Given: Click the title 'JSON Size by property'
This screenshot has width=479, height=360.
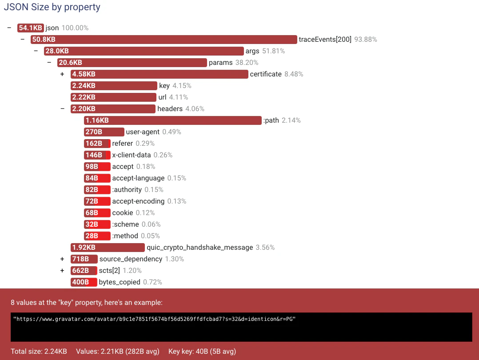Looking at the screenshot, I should pyautogui.click(x=52, y=7).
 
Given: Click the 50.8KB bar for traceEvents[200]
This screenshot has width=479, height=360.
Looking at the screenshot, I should pyautogui.click(x=164, y=40).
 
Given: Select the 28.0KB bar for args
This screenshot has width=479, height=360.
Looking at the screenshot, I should pyautogui.click(x=144, y=51).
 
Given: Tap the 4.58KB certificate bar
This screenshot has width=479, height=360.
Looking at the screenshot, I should pyautogui.click(x=159, y=74).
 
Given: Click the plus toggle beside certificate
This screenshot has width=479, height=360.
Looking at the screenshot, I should pyautogui.click(x=62, y=74).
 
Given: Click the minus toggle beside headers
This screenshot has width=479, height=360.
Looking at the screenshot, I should pyautogui.click(x=62, y=109).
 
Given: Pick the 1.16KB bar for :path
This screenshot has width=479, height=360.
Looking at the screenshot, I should pyautogui.click(x=172, y=120).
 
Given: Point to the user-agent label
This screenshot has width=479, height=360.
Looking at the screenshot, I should pyautogui.click(x=143, y=132).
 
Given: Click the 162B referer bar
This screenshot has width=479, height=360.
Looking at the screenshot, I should pyautogui.click(x=97, y=144).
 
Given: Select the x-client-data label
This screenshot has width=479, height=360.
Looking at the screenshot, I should pyautogui.click(x=131, y=155).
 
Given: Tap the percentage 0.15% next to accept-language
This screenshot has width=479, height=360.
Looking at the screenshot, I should pyautogui.click(x=176, y=178).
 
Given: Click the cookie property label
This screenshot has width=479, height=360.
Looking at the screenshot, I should pyautogui.click(x=122, y=213).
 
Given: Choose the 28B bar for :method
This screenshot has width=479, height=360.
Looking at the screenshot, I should pyautogui.click(x=97, y=236).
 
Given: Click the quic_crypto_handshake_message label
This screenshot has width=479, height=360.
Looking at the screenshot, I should pyautogui.click(x=200, y=248).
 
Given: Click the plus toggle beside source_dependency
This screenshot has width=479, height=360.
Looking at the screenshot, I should pyautogui.click(x=62, y=259).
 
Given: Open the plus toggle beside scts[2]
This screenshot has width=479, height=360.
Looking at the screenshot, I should pyautogui.click(x=62, y=271).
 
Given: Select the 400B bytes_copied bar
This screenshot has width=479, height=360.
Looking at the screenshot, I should pyautogui.click(x=84, y=282).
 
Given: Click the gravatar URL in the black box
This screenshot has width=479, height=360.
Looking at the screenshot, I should pyautogui.click(x=154, y=319).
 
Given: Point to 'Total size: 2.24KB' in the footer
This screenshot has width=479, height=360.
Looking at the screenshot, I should pyautogui.click(x=39, y=352).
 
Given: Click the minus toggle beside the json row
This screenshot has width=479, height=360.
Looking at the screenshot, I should pyautogui.click(x=9, y=28).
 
